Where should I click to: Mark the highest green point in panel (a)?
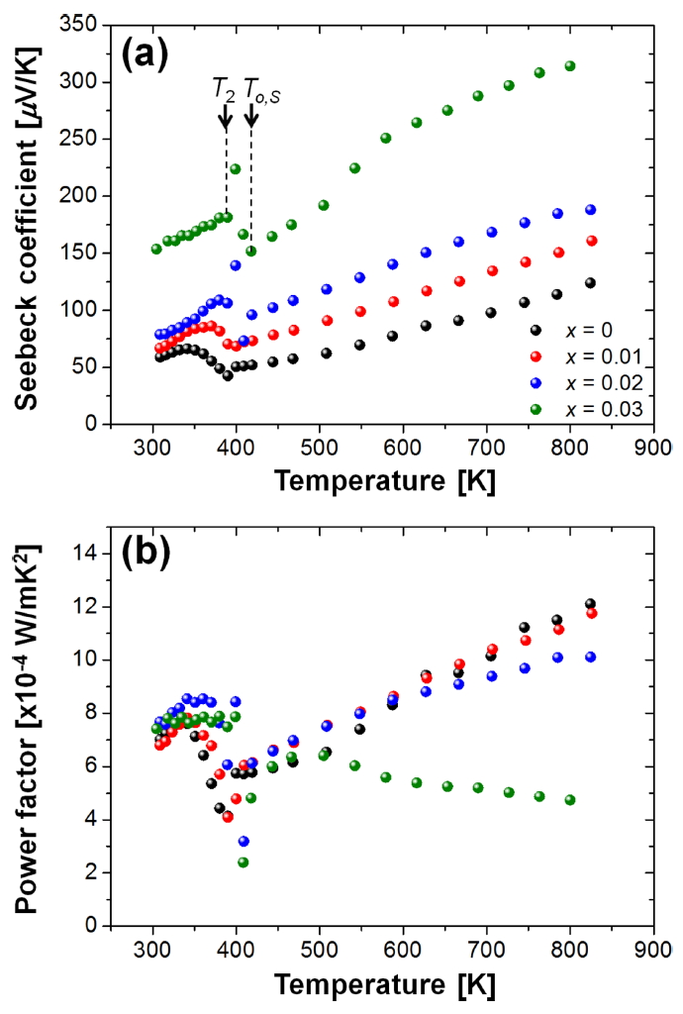point(569,66)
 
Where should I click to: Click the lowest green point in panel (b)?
point(243,862)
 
